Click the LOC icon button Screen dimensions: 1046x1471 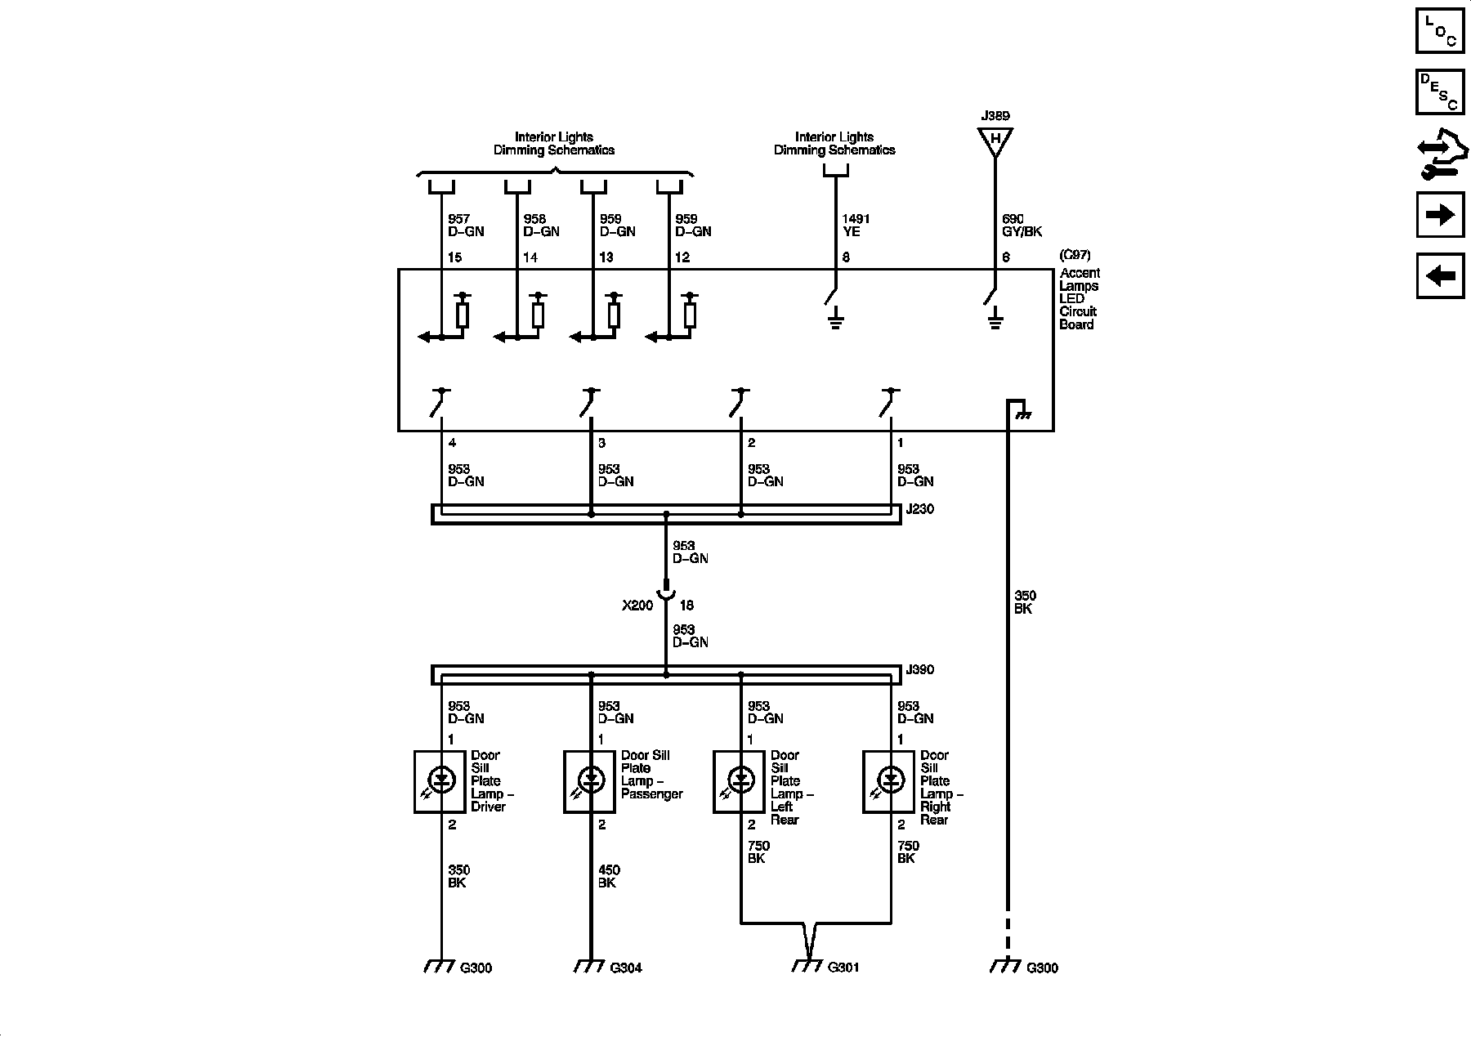click(1439, 30)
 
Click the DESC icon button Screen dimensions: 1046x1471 click(1439, 92)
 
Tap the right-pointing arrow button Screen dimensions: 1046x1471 click(1439, 215)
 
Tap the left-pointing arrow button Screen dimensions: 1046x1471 click(1439, 276)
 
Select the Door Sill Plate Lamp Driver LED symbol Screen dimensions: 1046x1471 click(441, 781)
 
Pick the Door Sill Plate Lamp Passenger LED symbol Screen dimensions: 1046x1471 click(591, 781)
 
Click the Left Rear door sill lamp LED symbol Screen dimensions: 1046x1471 click(740, 781)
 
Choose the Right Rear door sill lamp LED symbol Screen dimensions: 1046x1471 click(890, 781)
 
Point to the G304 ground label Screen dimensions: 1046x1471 click(626, 968)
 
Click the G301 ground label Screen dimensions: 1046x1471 click(843, 968)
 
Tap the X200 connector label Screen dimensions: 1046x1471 click(637, 606)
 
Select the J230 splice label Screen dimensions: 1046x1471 click(920, 509)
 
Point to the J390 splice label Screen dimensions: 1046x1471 click(920, 670)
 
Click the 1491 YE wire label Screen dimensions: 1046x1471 click(856, 225)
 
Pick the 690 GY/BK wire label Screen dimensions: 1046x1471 click(1022, 225)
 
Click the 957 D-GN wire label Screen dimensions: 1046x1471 click(465, 225)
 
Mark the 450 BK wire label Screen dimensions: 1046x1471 click(608, 876)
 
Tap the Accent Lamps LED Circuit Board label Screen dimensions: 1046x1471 click(1079, 298)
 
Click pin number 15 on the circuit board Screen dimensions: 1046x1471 click(454, 257)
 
